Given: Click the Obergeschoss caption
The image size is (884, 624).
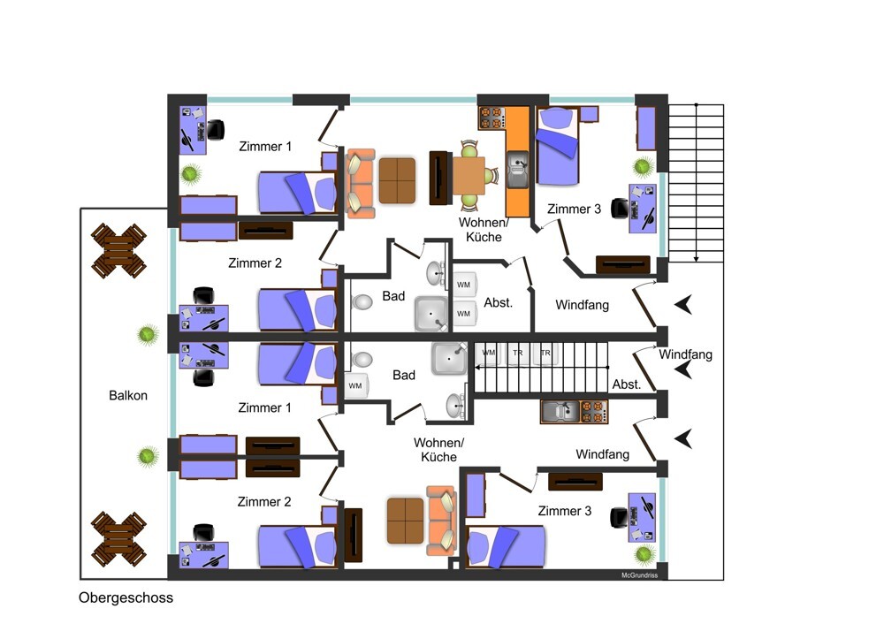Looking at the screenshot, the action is coord(126,598).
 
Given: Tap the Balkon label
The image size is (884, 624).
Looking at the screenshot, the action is coord(128,396).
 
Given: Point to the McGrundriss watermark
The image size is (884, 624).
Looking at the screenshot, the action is coord(639,575).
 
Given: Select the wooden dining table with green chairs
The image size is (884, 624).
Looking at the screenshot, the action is coord(469,176).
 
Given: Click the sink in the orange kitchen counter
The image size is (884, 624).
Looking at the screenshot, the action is coord(517,169).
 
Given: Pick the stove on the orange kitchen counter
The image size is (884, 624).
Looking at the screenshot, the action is coord(491,118).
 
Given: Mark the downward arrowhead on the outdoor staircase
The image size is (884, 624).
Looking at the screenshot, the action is coord(697,259).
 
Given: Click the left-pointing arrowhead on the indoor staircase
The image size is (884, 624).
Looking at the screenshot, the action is coord(478,368).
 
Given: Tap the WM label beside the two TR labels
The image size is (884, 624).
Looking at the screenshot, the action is coord(489,353).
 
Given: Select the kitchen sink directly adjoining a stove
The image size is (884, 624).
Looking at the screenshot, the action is coord(560,412).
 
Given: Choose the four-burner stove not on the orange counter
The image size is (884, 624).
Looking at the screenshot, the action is coord(594,412).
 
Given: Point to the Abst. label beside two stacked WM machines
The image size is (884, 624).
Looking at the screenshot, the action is coord(499,302).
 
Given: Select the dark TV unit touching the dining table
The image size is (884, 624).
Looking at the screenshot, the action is coord(441,178).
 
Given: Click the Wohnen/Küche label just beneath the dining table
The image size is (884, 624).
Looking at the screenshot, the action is coord(484,230).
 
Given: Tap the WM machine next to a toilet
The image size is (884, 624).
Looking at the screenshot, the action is coord(356,385).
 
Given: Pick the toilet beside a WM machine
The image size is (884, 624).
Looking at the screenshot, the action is coord(362,359).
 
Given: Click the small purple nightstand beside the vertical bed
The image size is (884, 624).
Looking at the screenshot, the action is coord(589,114).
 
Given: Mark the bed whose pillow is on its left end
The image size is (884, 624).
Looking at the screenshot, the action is coord(506,546).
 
